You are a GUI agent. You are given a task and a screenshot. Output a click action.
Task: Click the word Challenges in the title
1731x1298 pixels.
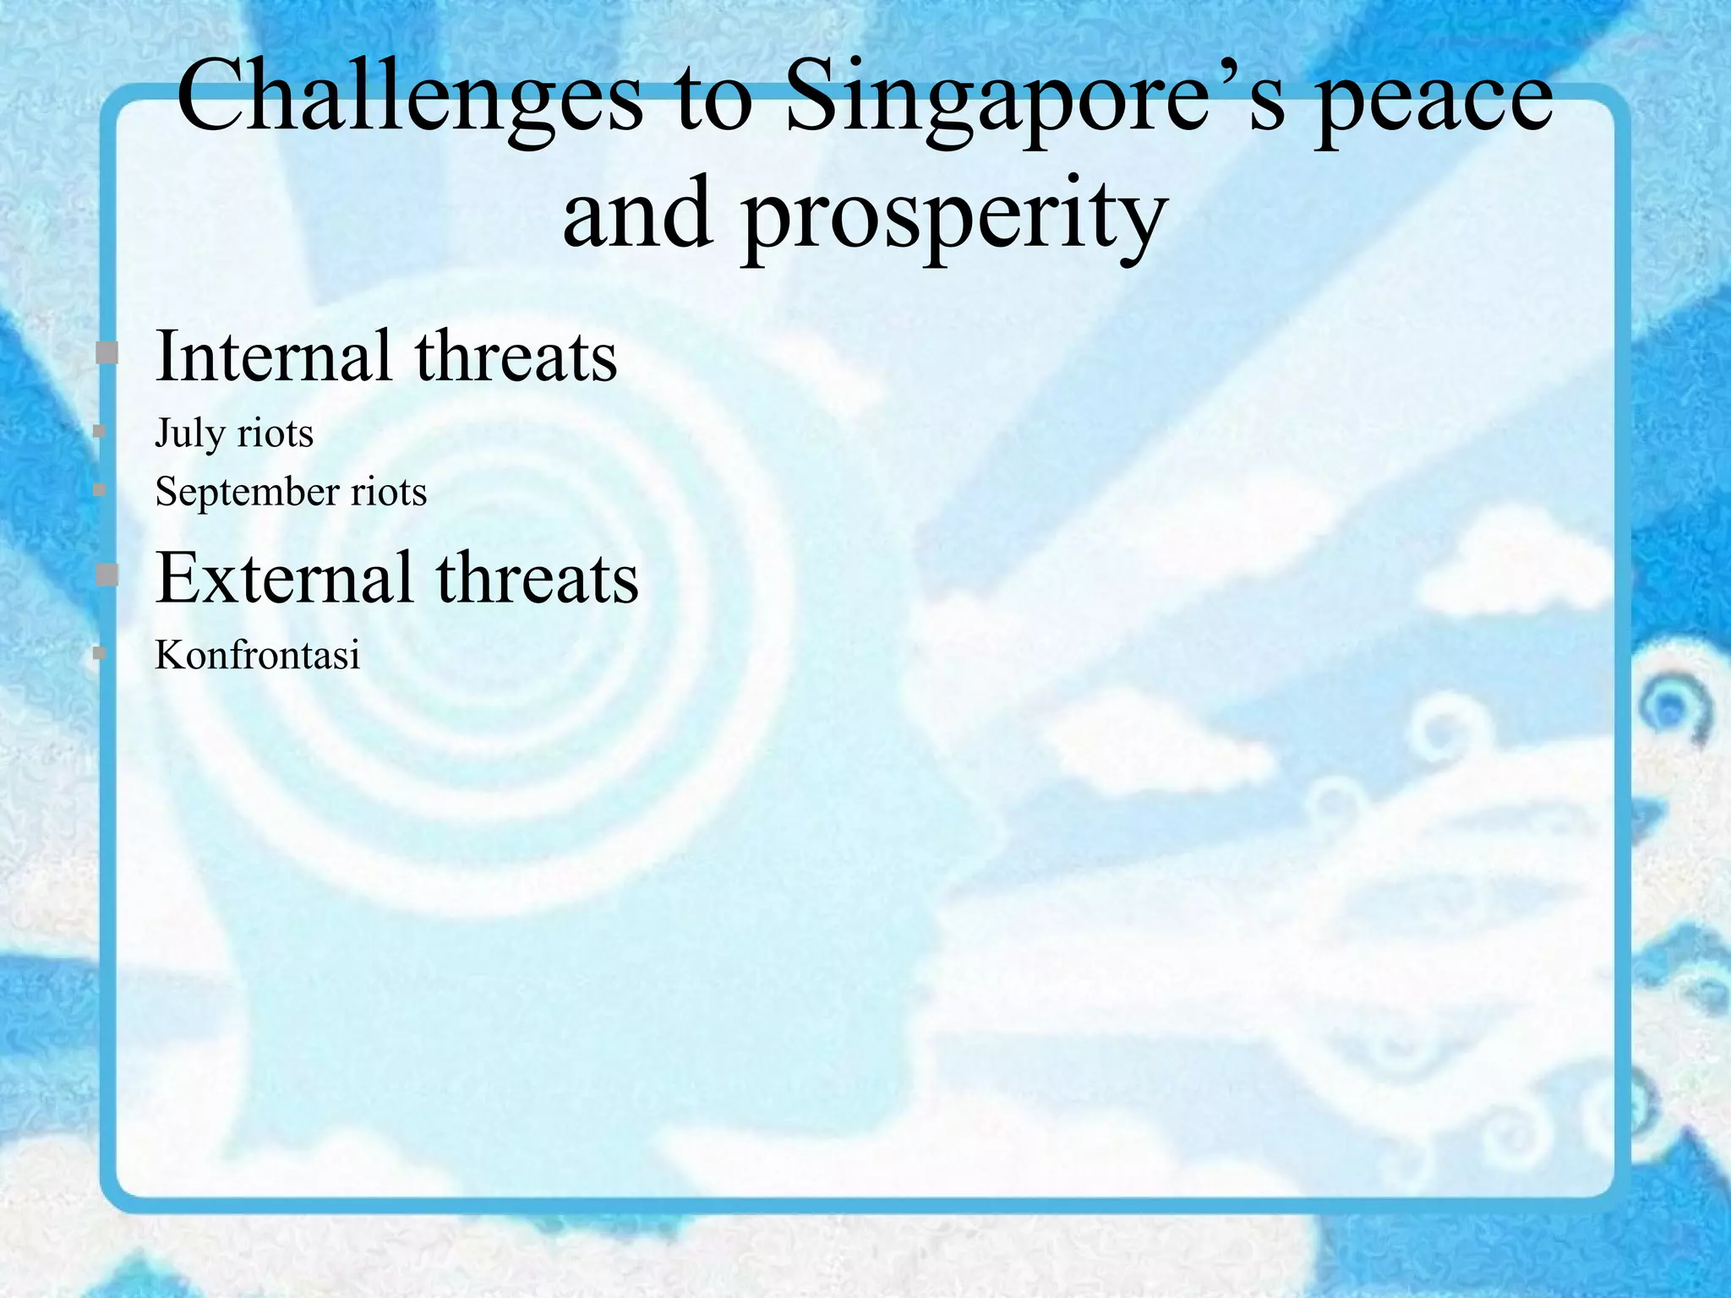click(x=409, y=100)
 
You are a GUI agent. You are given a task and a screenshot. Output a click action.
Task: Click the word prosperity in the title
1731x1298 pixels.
click(x=954, y=218)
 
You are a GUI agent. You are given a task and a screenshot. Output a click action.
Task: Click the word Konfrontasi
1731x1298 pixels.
click(x=258, y=655)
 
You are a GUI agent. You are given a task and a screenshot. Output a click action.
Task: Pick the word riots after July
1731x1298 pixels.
click(x=276, y=434)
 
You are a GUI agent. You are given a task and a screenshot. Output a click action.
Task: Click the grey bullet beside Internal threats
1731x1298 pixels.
click(x=106, y=352)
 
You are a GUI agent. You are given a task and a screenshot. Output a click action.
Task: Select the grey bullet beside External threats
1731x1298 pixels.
click(x=106, y=575)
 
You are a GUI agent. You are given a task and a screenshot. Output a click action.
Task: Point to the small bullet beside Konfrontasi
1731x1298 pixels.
click(x=99, y=652)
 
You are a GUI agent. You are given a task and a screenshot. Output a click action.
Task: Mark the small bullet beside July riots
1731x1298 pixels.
click(x=99, y=432)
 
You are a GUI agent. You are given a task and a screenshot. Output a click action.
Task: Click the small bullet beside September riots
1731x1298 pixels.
click(x=99, y=489)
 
